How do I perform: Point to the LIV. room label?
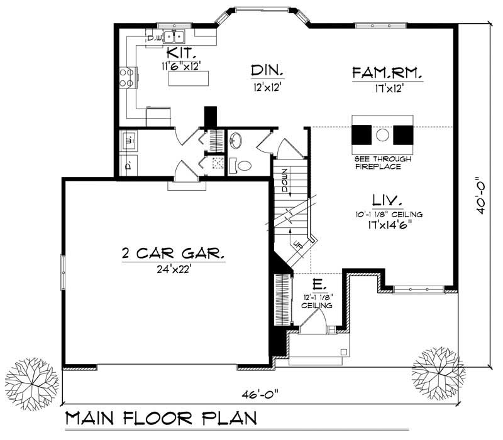tap(387, 200)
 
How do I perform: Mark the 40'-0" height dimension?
tap(482, 195)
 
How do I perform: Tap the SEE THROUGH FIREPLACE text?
tap(382, 163)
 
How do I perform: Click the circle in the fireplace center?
tap(383, 134)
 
